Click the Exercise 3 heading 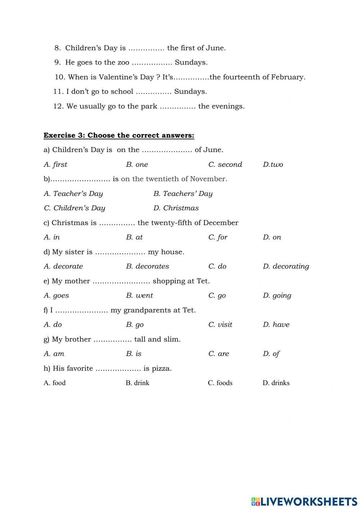119,135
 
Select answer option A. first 55,165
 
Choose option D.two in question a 273,165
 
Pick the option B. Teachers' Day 183,194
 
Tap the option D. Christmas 176,208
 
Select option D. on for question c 272,237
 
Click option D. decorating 286,267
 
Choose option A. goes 56,296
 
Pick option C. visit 220,325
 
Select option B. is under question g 134,354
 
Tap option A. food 55,383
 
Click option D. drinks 276,383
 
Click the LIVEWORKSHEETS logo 304,501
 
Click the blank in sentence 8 146,48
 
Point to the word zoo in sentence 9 123,63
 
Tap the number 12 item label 58,106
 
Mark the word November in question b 208,179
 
